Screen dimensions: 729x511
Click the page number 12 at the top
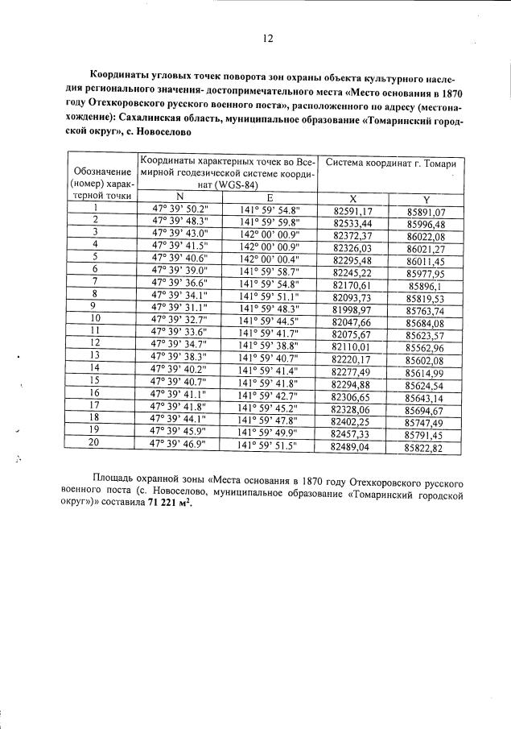point(268,38)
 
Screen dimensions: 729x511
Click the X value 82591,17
point(352,210)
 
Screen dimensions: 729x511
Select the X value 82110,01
point(352,345)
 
